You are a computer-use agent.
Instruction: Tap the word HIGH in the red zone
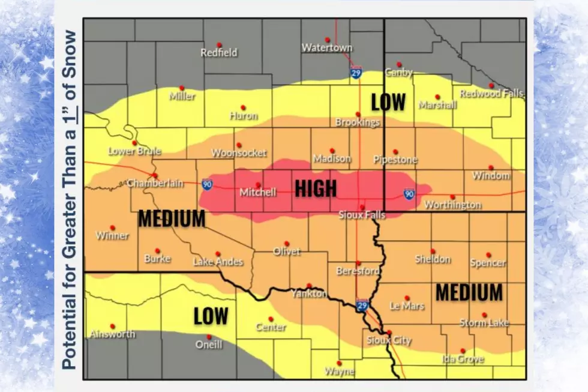[316, 188]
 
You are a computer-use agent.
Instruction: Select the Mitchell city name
[258, 193]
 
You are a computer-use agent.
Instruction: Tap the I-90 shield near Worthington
[409, 193]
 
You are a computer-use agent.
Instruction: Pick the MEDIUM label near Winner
[172, 219]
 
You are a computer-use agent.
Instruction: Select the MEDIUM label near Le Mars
[469, 292]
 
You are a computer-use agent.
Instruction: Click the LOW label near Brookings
[388, 102]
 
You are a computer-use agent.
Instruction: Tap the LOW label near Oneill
[211, 315]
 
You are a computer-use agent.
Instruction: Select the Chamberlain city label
[155, 183]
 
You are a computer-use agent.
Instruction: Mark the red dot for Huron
[243, 108]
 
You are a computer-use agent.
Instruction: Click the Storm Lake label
[484, 323]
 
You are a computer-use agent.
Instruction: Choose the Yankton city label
[309, 294]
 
